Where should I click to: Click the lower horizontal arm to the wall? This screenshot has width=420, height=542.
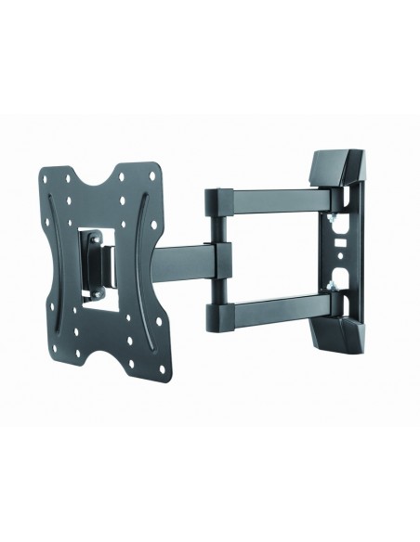(x=269, y=305)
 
